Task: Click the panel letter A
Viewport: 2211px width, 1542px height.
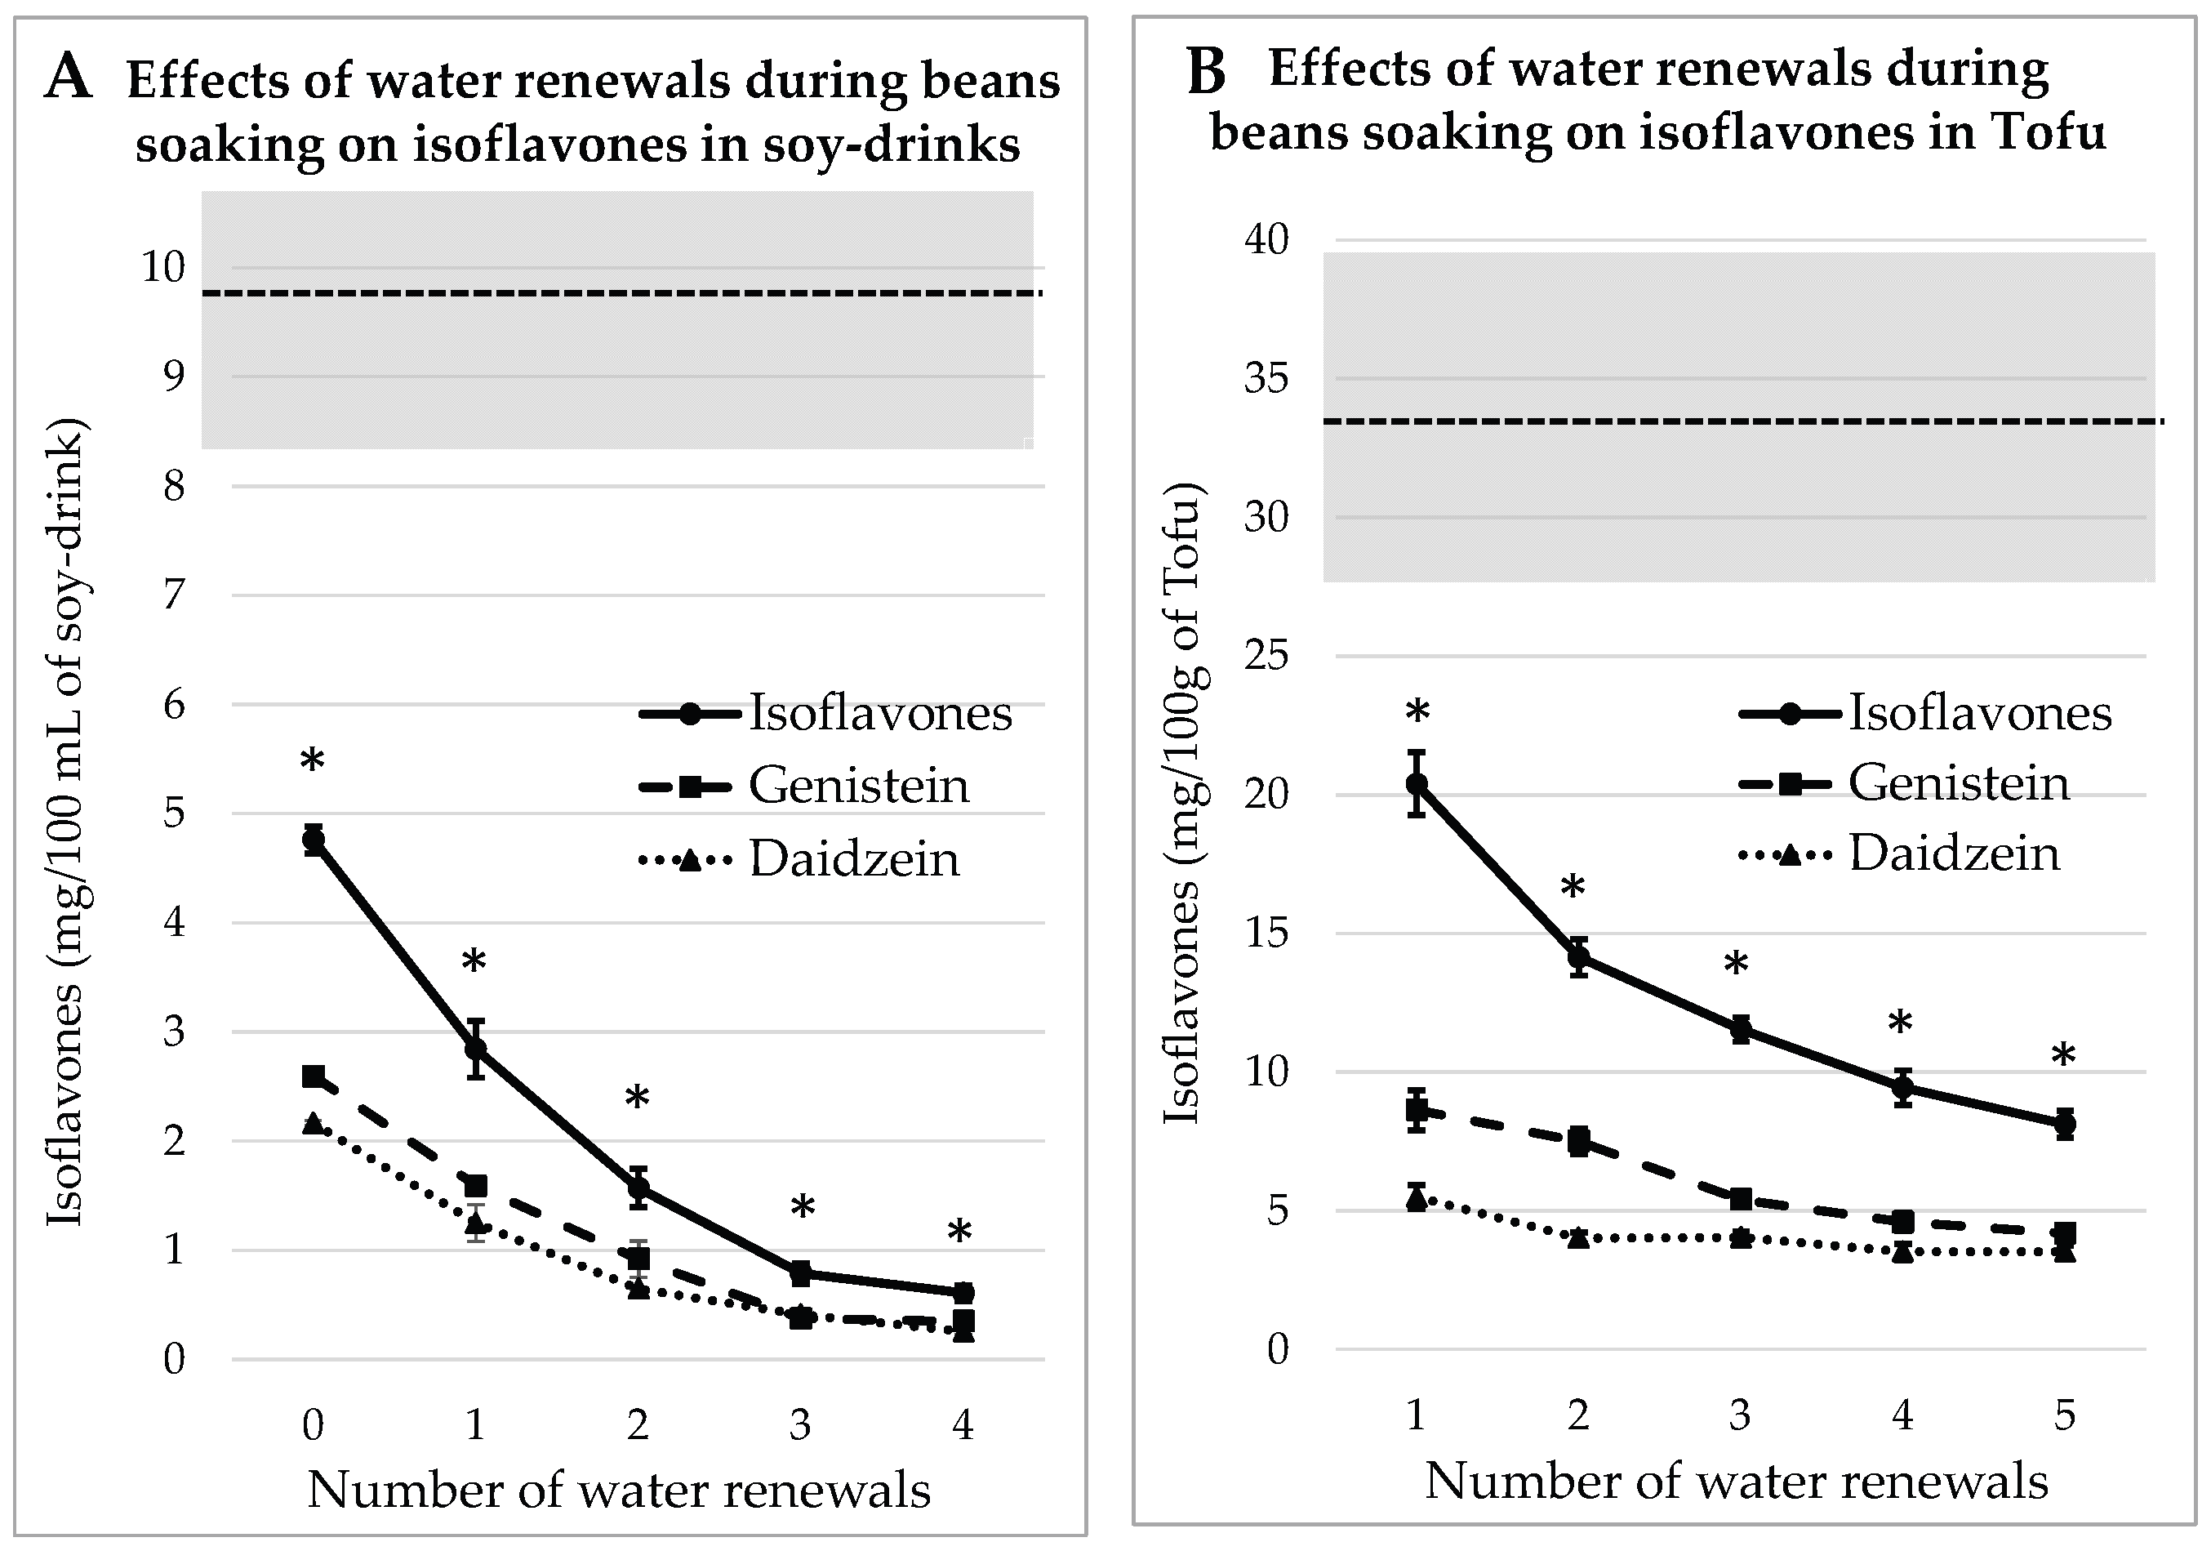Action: pos(69,76)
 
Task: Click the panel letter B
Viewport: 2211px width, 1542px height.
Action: pos(1207,71)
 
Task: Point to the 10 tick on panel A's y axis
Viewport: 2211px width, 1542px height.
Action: pos(162,267)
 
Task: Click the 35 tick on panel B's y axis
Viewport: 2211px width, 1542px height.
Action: pos(1266,378)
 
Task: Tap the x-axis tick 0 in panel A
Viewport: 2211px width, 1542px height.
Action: pos(313,1424)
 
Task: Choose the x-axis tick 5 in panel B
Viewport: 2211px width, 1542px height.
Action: pos(2064,1414)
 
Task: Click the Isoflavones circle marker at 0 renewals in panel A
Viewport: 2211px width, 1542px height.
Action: pos(313,840)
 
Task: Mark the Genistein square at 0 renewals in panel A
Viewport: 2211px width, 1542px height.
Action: pos(313,1076)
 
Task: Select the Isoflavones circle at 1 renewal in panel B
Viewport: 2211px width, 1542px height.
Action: pos(1416,784)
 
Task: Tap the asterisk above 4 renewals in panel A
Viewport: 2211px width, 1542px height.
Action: pos(959,1232)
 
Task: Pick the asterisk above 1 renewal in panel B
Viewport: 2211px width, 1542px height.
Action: pos(1417,713)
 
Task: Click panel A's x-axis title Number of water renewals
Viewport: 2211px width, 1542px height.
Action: pos(619,1490)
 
